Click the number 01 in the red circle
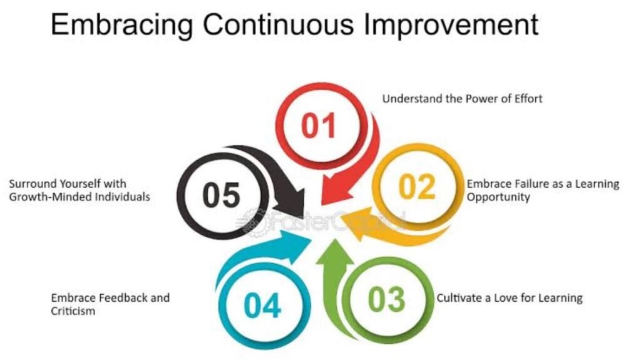319,125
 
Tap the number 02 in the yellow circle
417,187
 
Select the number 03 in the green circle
386,299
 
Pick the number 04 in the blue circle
262,305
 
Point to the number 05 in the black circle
221,195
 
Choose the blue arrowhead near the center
295,245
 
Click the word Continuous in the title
278,24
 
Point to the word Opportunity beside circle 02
498,197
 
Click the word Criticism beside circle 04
73,311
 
